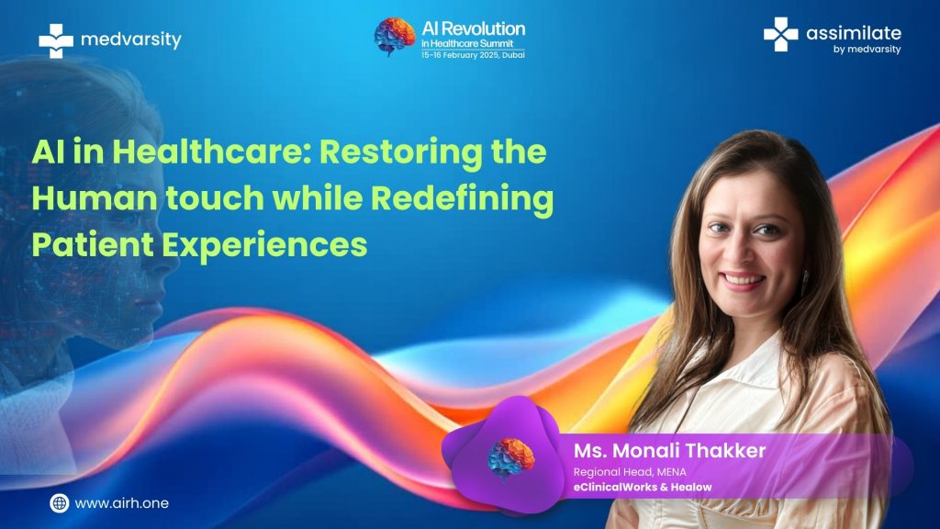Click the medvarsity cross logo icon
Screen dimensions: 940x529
click(56, 40)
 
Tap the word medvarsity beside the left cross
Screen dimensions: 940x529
click(130, 39)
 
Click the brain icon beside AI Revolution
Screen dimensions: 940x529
click(395, 36)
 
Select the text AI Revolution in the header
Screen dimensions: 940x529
click(473, 28)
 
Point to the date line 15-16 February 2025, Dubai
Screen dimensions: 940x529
click(473, 54)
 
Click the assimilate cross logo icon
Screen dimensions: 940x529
click(780, 34)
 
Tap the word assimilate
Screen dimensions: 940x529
click(853, 33)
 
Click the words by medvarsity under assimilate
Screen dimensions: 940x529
click(867, 50)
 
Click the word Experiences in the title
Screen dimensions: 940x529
click(264, 245)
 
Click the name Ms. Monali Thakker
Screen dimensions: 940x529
click(669, 450)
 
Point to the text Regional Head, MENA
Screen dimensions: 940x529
click(630, 472)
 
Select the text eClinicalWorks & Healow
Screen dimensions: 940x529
click(643, 487)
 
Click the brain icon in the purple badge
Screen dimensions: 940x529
click(510, 458)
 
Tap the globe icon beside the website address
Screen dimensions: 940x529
click(60, 502)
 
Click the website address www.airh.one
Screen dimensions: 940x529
click(122, 503)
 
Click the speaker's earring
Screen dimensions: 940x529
click(805, 281)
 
